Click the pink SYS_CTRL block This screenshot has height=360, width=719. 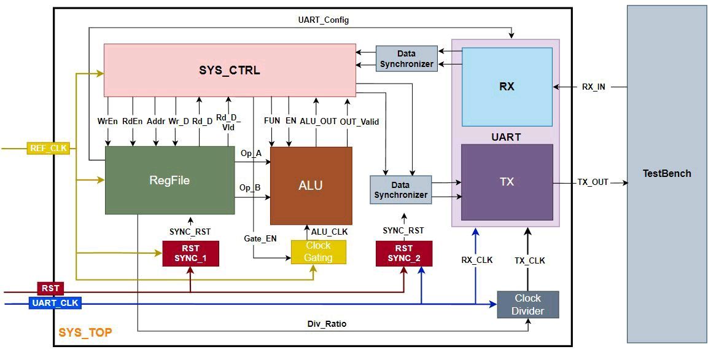click(x=230, y=70)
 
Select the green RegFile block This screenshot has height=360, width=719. click(x=169, y=180)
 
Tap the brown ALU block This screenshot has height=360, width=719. click(x=311, y=186)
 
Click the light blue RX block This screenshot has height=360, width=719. click(x=507, y=87)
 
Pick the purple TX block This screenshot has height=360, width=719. click(x=507, y=182)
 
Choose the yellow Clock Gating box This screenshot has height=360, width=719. click(x=318, y=252)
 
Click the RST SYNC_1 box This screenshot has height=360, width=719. click(x=190, y=253)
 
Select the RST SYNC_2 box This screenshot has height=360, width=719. click(x=404, y=253)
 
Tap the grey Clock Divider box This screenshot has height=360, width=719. click(x=527, y=305)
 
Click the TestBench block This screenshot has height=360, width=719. click(x=666, y=174)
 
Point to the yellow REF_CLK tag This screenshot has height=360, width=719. click(x=49, y=148)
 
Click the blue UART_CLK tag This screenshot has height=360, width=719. click(x=55, y=303)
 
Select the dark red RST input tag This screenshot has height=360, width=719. click(x=50, y=288)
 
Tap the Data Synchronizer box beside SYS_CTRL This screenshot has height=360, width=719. click(x=406, y=59)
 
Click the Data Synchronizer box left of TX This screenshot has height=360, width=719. click(x=400, y=190)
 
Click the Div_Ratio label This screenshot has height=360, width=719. click(x=327, y=324)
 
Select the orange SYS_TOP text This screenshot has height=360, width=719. click(x=85, y=332)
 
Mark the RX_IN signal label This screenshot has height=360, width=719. click(x=593, y=87)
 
